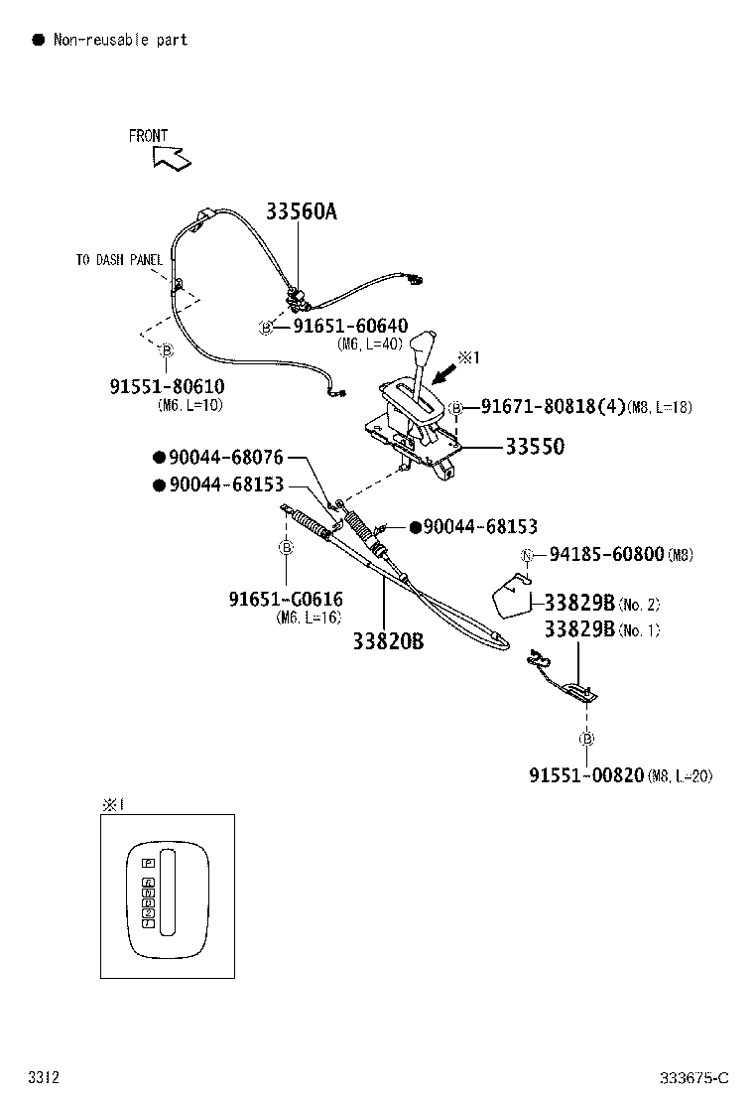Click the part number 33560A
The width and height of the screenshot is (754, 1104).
pos(301,210)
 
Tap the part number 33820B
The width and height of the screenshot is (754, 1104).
pos(388,641)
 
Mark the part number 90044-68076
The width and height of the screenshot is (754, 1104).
pos(225,458)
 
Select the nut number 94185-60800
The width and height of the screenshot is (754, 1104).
pos(607,554)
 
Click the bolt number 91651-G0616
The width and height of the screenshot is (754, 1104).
pos(286,599)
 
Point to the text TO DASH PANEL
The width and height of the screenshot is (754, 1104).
pos(119,260)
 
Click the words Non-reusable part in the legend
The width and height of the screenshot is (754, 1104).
pos(120,40)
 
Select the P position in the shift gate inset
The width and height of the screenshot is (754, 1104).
pos(148,863)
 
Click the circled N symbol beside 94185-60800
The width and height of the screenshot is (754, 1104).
pos(529,555)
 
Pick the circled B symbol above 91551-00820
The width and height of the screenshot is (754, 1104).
pos(586,739)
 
